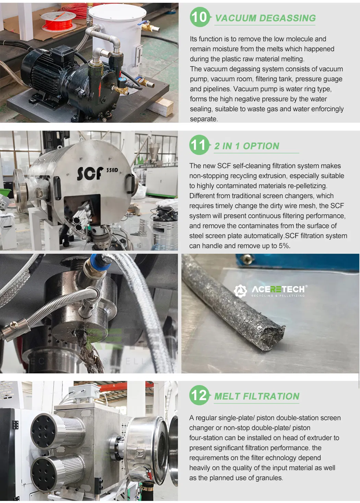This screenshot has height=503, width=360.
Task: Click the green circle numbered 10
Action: [200, 17]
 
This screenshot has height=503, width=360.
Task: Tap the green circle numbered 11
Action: [199, 145]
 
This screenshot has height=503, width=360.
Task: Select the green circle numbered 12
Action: [199, 395]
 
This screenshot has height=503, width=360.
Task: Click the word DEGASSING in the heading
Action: [287, 18]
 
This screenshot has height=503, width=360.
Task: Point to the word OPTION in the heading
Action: [261, 146]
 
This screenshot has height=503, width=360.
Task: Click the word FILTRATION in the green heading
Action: [271, 396]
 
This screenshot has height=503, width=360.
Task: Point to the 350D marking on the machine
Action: [112, 170]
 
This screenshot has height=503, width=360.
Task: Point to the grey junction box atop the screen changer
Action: [84, 392]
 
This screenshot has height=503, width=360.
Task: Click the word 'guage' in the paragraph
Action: [334, 79]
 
